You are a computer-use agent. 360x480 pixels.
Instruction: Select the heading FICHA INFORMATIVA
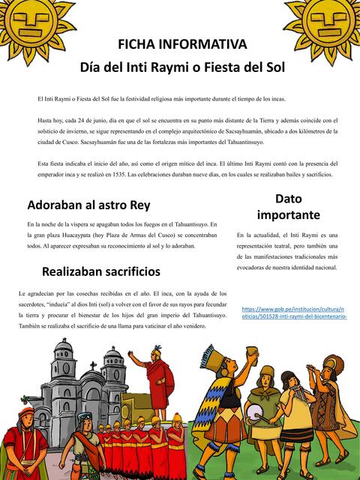(182, 44)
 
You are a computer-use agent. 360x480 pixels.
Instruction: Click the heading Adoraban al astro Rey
(88, 205)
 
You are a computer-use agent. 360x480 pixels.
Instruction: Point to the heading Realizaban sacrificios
(101, 271)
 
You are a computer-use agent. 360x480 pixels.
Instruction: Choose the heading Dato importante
(288, 206)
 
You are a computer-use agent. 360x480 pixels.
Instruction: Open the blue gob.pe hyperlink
(293, 312)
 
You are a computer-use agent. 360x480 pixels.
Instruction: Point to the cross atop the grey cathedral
(93, 365)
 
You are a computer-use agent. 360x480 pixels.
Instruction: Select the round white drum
(254, 411)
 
